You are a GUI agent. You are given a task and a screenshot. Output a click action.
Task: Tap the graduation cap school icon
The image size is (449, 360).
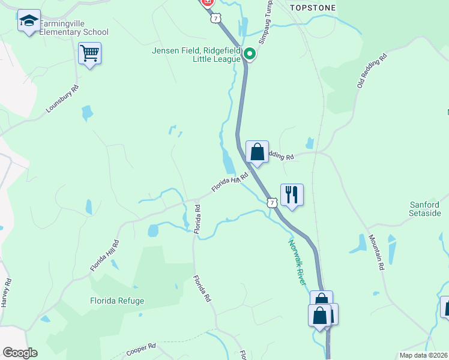[29, 21]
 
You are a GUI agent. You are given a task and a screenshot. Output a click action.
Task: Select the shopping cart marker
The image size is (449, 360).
[89, 53]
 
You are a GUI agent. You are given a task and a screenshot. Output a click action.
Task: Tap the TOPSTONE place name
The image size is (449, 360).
[313, 8]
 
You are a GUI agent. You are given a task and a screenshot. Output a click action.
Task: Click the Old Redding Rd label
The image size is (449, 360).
[372, 71]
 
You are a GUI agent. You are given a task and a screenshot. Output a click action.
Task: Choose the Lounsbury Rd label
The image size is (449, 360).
[62, 100]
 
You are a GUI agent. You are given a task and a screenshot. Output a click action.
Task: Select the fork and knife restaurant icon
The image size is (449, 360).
[292, 195]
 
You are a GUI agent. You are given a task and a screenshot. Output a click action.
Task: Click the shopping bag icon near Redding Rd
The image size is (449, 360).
[257, 152]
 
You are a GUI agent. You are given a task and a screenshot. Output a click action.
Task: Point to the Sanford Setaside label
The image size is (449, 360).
[424, 209]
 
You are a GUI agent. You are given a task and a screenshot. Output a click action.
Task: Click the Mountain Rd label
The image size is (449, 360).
[376, 252]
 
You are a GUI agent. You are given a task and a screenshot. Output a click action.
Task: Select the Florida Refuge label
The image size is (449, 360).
[117, 301]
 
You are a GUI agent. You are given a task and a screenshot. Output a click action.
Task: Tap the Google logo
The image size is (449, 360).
[20, 353]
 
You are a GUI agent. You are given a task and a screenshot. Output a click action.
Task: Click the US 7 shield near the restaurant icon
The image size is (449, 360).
[273, 203]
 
